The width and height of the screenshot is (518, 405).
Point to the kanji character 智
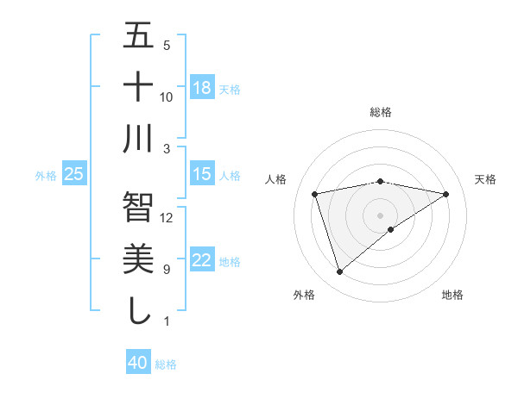[x=138, y=207]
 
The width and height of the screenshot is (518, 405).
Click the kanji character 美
[x=138, y=259]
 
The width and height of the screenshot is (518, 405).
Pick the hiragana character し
[x=138, y=310]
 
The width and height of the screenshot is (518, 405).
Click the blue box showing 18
[x=202, y=88]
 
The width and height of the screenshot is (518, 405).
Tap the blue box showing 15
[x=202, y=174]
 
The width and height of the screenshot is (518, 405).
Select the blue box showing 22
[x=202, y=260]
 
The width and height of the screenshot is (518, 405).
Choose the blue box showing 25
[x=74, y=174]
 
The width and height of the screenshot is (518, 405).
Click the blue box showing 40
[x=138, y=363]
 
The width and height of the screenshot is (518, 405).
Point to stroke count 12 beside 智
[x=167, y=217]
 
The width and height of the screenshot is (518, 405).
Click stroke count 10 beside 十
[x=167, y=97]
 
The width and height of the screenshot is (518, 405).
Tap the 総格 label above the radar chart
[x=381, y=112]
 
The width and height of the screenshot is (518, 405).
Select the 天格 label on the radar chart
[x=485, y=179]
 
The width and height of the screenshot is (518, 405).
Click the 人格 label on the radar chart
[x=276, y=179]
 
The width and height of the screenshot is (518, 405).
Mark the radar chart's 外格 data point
[x=339, y=272]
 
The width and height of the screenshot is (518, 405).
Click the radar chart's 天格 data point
[x=445, y=194]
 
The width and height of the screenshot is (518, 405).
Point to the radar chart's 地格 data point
[x=391, y=229]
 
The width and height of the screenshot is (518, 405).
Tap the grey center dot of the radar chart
[x=380, y=215]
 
